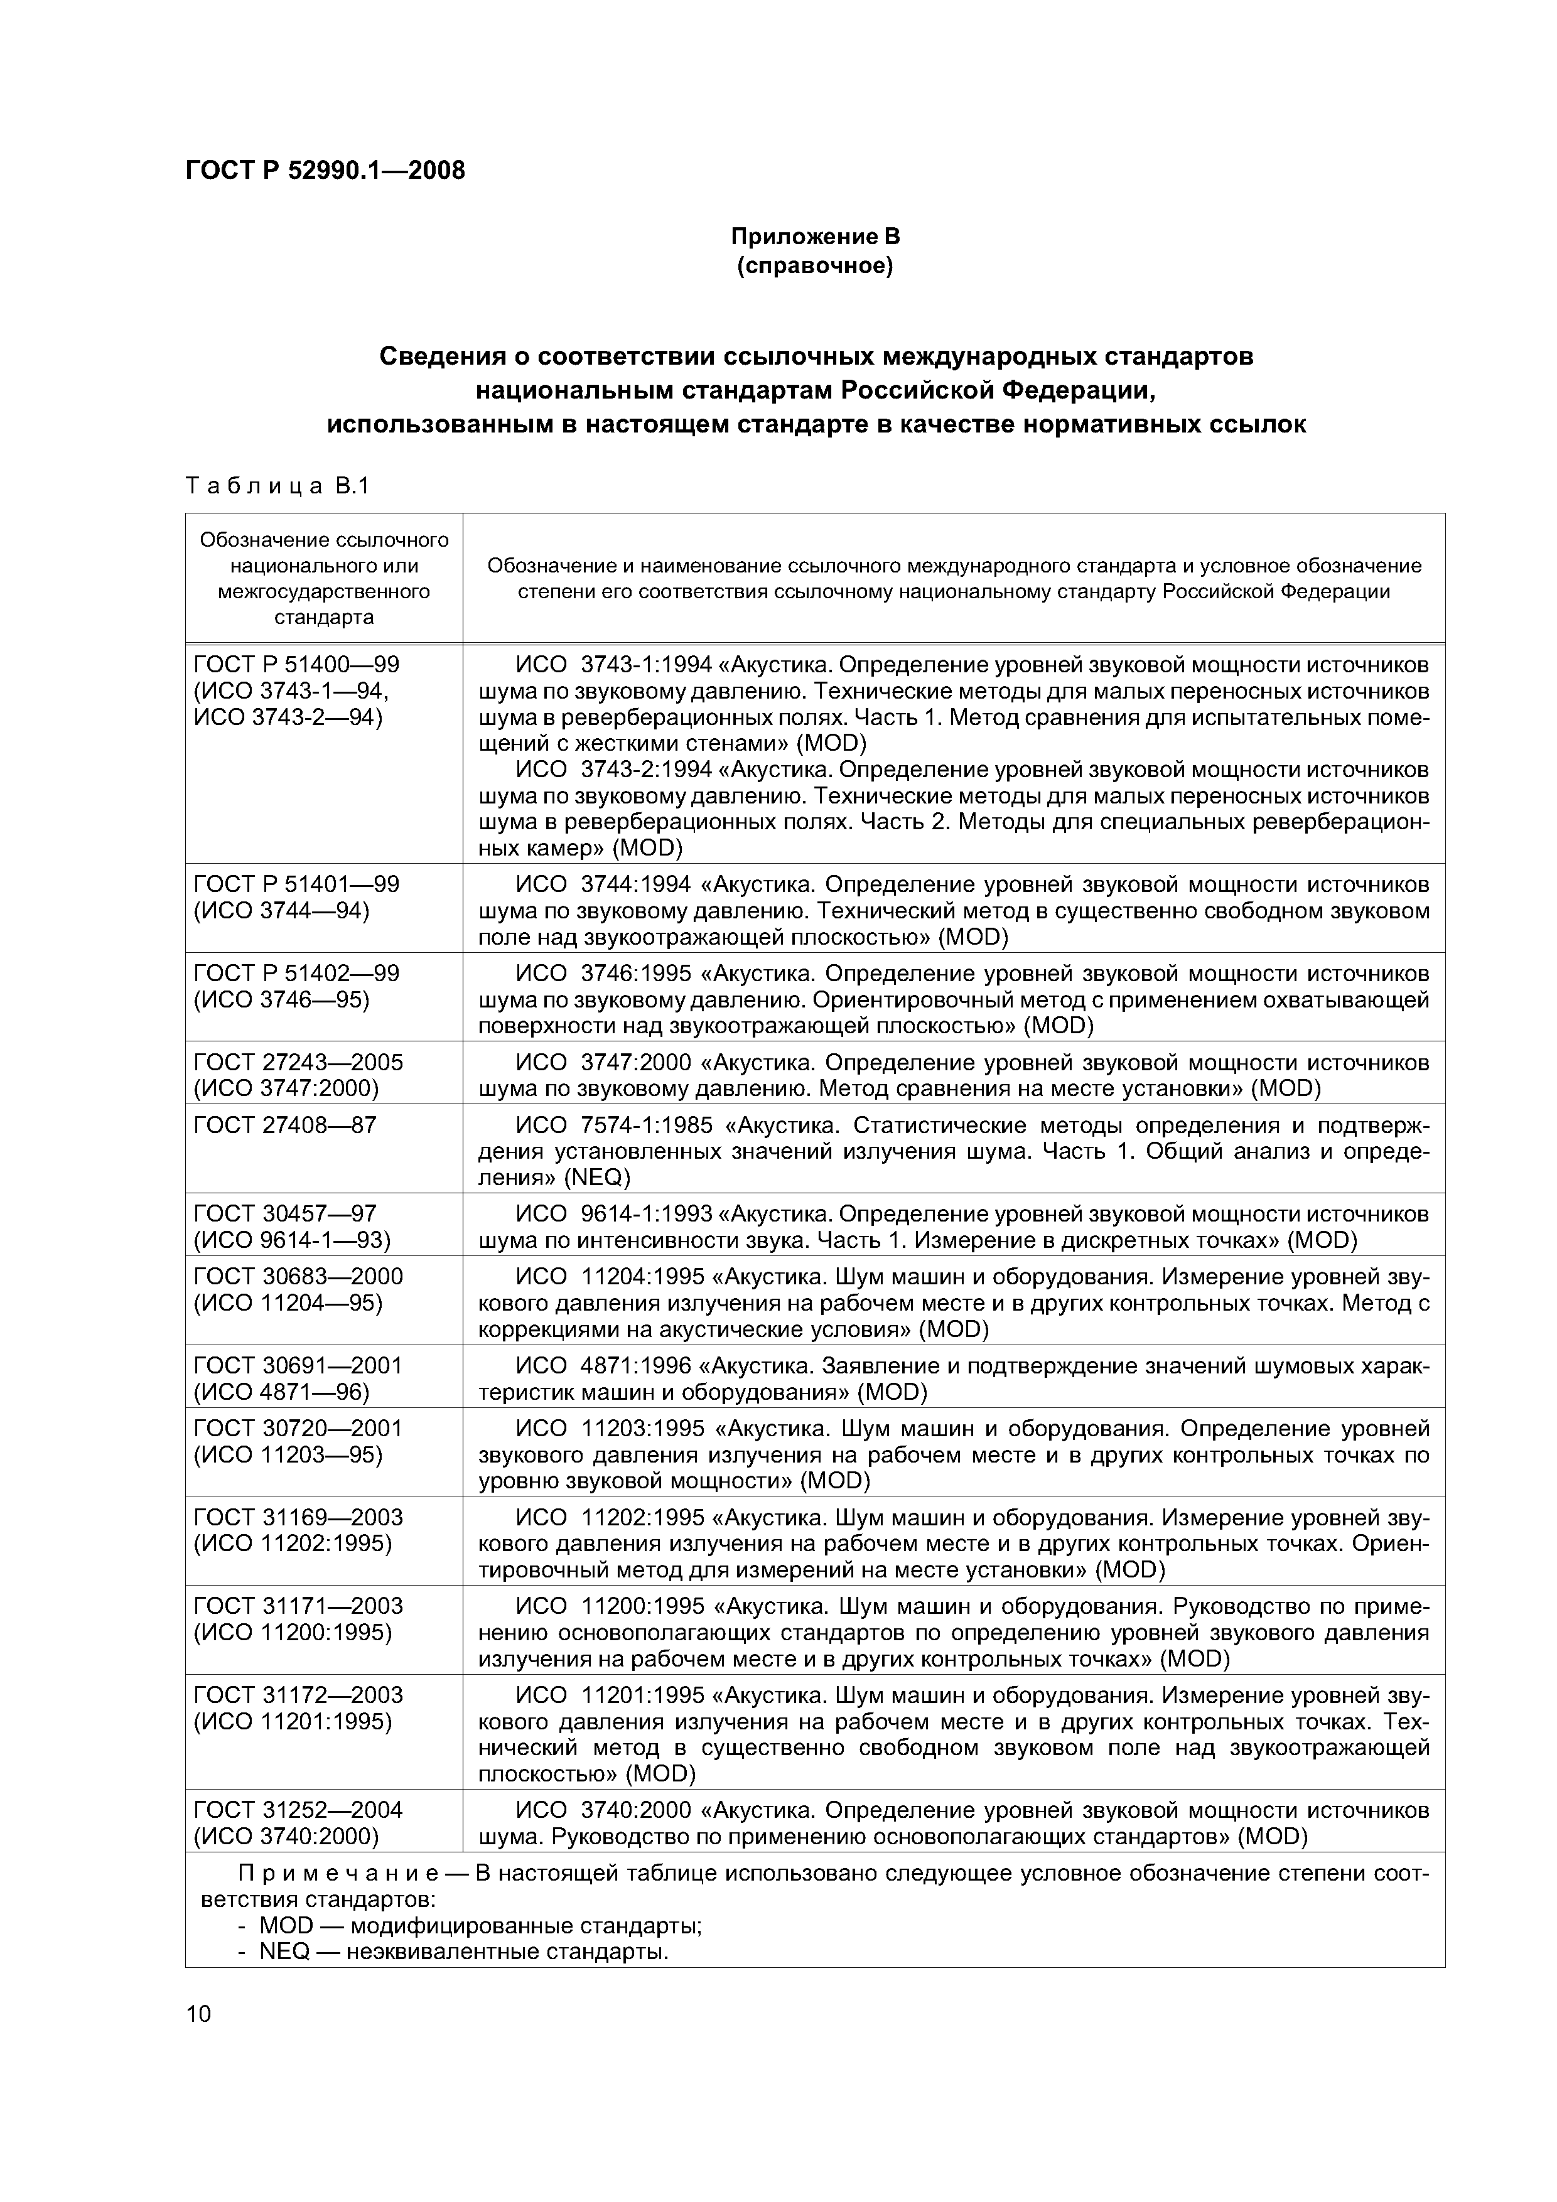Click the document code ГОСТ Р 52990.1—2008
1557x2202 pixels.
point(324,171)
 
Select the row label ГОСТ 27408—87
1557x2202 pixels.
point(285,1125)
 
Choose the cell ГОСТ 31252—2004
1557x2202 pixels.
point(298,1810)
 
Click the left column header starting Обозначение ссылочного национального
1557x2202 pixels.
point(324,577)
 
